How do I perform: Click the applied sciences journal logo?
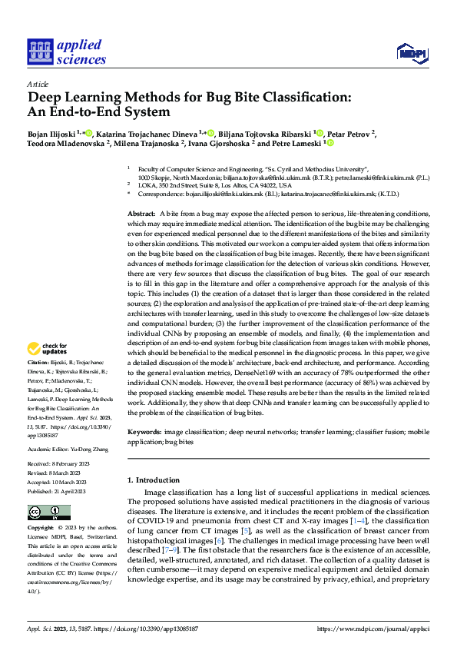tap(66, 51)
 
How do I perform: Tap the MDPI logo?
tap(411, 52)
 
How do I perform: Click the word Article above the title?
tap(38, 84)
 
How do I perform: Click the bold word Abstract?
tap(141, 191)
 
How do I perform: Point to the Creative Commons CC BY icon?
tap(44, 513)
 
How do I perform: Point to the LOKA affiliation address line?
tap(215, 186)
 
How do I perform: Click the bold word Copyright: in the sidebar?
tap(41, 529)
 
